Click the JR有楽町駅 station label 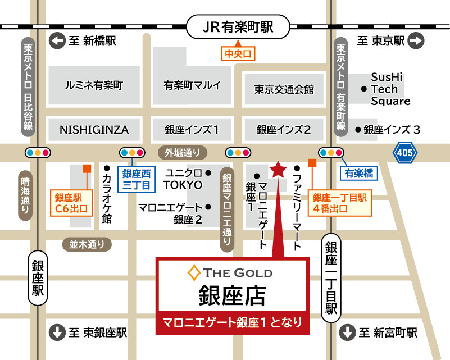[x=237, y=26]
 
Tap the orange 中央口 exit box [x=238, y=54]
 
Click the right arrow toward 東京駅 [x=416, y=40]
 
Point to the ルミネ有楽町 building [x=94, y=86]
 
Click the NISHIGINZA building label [x=94, y=130]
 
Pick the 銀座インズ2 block [x=284, y=130]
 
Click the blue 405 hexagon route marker [x=405, y=152]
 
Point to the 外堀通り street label [x=183, y=152]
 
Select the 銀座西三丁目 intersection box [x=133, y=179]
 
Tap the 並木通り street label [x=87, y=244]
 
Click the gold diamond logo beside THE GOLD [x=194, y=274]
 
